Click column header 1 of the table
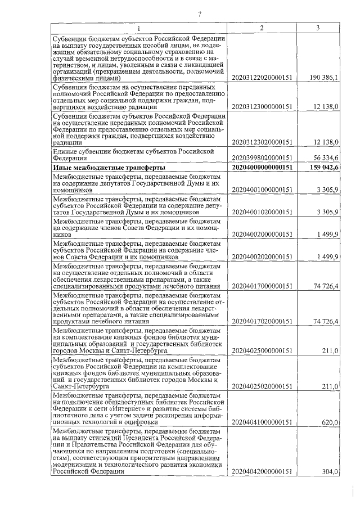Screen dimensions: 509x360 point(139,28)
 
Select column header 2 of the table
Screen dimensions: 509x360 point(262,28)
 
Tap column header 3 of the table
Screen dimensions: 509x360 point(318,28)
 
